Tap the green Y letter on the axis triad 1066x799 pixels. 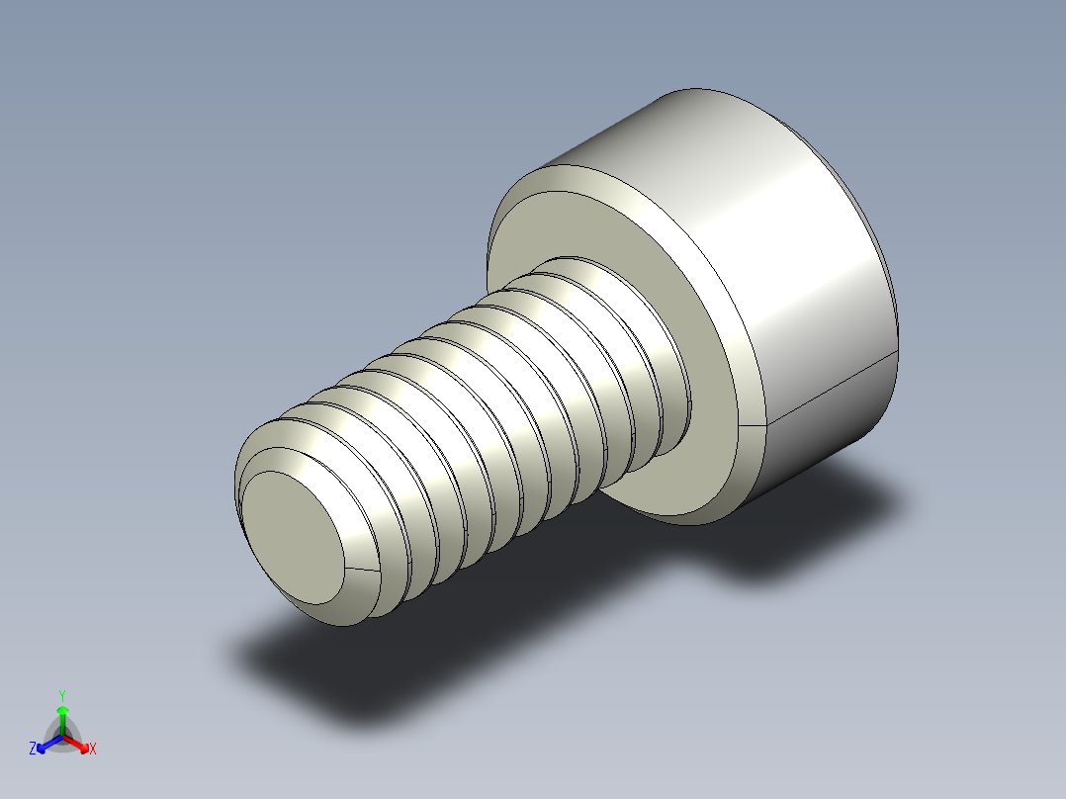[62, 695]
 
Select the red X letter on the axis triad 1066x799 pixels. [93, 750]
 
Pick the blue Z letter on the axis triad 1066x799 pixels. [33, 750]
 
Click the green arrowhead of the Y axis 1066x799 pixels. [62, 711]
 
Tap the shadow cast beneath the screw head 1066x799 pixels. [791, 524]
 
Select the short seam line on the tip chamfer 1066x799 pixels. [362, 571]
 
